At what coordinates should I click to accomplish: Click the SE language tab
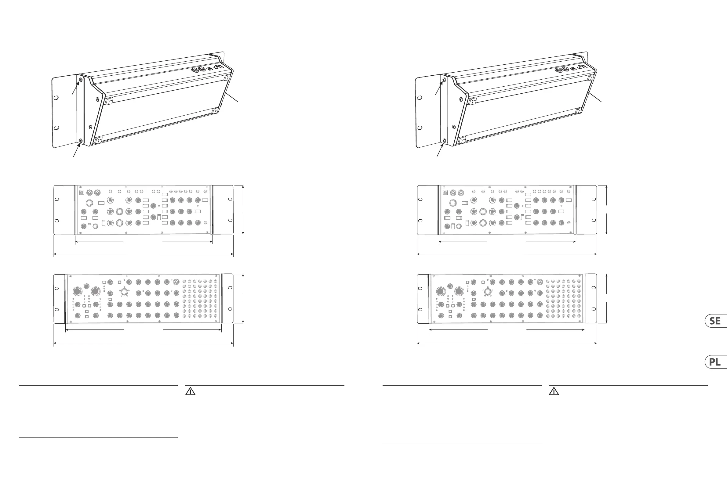(716, 321)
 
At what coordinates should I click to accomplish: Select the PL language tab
(716, 362)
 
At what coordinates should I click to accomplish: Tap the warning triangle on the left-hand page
(190, 391)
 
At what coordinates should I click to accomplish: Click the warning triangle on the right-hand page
(554, 391)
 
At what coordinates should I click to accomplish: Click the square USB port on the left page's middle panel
(82, 192)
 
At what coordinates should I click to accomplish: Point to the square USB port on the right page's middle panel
(445, 192)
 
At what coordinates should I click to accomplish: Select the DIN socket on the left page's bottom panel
(176, 282)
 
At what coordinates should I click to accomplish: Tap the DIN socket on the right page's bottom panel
(540, 282)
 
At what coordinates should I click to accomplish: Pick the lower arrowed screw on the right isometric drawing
(444, 141)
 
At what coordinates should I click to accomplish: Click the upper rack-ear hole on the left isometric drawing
(56, 98)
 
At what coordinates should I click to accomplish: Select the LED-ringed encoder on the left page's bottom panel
(124, 292)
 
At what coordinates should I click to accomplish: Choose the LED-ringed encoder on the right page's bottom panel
(487, 292)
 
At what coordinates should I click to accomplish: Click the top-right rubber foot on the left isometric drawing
(227, 77)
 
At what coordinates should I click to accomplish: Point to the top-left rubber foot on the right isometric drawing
(472, 101)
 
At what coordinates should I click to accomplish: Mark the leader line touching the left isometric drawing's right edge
(232, 97)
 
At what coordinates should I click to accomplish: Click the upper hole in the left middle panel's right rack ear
(230, 199)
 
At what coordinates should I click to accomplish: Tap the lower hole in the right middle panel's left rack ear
(420, 221)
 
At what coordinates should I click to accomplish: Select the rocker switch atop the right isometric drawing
(573, 69)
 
